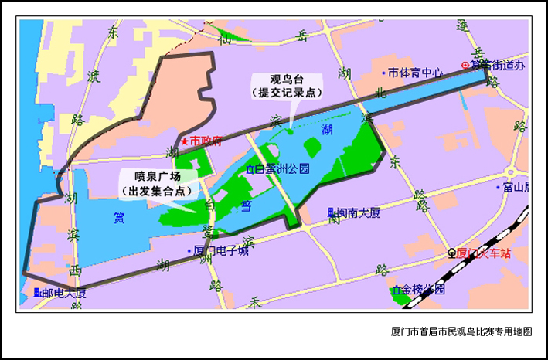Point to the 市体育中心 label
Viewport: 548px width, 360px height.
[416, 73]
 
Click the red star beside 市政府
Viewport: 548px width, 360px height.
[184, 141]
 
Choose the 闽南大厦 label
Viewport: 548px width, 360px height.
[358, 212]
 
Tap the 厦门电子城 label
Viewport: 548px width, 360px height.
[221, 250]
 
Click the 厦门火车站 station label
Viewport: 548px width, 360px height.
[485, 253]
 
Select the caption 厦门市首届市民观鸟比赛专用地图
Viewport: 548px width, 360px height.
[461, 331]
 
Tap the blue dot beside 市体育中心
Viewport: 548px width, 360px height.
[384, 73]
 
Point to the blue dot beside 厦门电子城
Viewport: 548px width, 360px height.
[189, 250]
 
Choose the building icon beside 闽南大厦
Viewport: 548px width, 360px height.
[331, 212]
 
